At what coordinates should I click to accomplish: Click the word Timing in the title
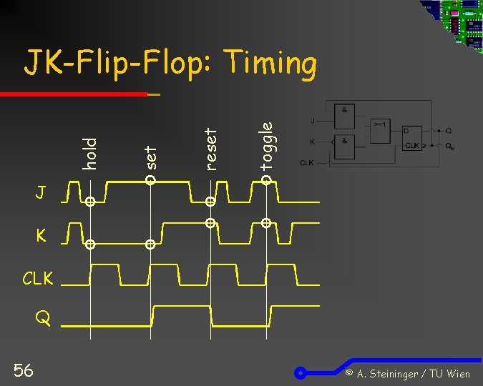click(x=270, y=65)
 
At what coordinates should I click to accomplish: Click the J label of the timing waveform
click(x=42, y=192)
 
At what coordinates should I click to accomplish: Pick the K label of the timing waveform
click(x=42, y=235)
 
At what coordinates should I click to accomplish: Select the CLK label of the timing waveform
click(x=37, y=278)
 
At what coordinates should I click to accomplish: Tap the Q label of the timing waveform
click(x=44, y=320)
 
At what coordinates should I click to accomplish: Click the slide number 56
click(x=23, y=369)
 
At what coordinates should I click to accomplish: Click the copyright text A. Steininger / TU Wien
click(x=407, y=374)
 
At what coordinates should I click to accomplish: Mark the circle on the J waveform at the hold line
click(x=90, y=202)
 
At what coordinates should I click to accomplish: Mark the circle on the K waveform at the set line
click(x=150, y=245)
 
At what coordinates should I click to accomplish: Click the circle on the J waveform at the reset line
click(x=210, y=202)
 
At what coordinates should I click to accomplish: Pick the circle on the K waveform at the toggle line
click(x=265, y=223)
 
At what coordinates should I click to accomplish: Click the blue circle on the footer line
click(x=302, y=372)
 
